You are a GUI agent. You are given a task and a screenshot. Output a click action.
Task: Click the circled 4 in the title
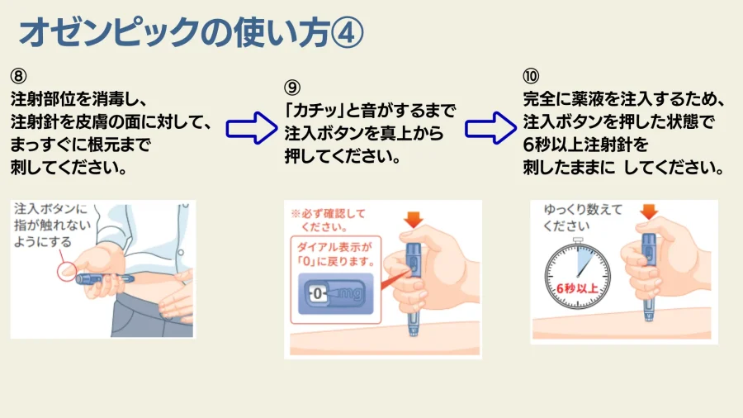347,33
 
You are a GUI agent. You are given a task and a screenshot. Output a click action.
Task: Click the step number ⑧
18,76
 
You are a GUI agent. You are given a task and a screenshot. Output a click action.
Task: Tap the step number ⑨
292,88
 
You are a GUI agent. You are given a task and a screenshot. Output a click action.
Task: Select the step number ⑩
531,76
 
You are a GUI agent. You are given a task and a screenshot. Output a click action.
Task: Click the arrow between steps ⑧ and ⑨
252,128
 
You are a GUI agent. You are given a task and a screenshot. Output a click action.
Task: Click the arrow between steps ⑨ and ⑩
490,128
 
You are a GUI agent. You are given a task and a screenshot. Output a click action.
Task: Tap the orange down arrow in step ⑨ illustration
414,220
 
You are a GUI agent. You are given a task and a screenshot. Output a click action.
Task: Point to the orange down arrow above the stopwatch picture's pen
649,211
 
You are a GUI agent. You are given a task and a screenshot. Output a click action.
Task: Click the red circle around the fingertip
67,272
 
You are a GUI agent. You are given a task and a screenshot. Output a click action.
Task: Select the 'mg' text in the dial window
351,293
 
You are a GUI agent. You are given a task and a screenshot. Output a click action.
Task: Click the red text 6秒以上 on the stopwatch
577,288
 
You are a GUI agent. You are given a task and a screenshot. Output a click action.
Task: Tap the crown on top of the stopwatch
578,240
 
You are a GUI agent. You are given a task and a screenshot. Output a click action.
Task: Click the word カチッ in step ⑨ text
315,111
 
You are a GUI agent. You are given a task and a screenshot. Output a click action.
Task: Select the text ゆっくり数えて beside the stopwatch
583,209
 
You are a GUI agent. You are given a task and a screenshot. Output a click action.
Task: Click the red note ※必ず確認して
328,214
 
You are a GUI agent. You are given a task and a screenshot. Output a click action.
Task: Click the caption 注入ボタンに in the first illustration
50,208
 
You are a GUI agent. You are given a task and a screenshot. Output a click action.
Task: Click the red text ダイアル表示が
334,247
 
